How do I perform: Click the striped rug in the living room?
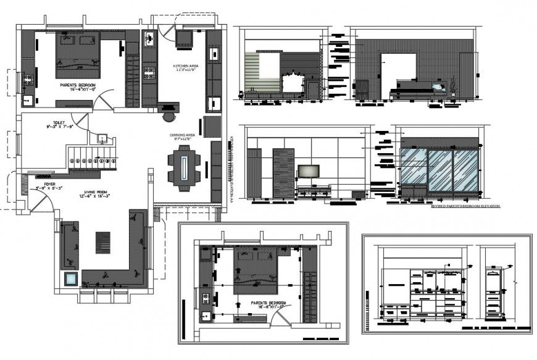(x=102, y=242)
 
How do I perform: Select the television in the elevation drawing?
(x=307, y=171)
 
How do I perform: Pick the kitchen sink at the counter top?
(x=149, y=40)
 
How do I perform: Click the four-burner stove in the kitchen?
(x=149, y=74)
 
